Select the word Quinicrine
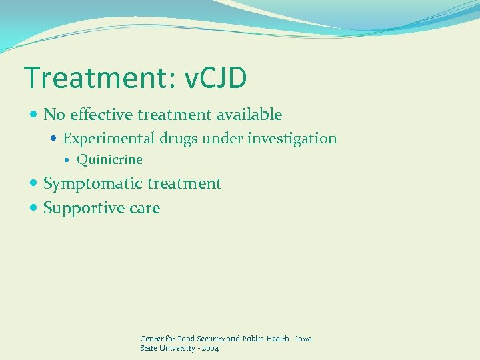coord(109,160)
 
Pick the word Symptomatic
coord(93,183)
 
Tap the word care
coord(145,209)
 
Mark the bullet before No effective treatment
coord(34,115)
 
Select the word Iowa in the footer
coord(303,339)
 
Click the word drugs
coord(181,139)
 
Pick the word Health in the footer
coord(277,339)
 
